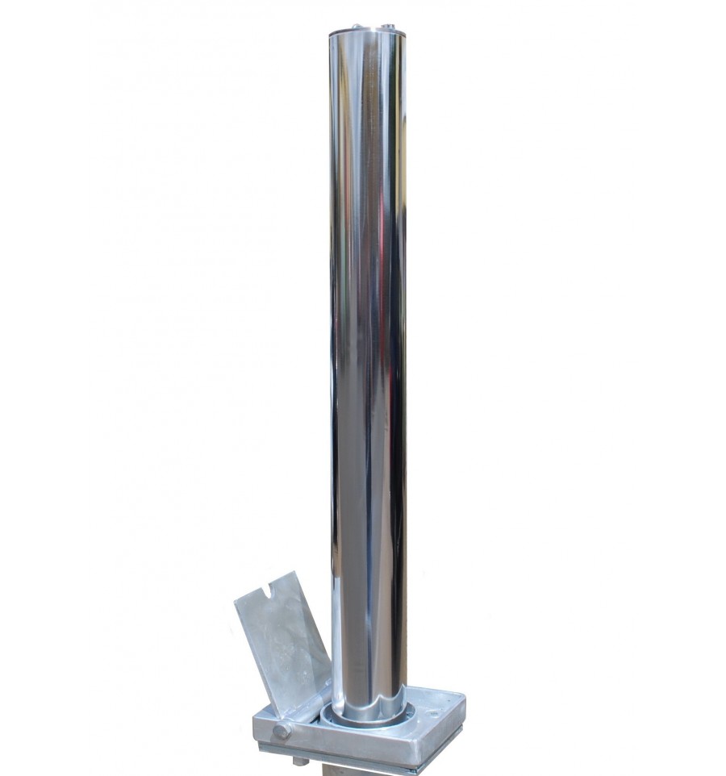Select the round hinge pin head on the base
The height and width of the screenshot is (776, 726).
281,732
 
